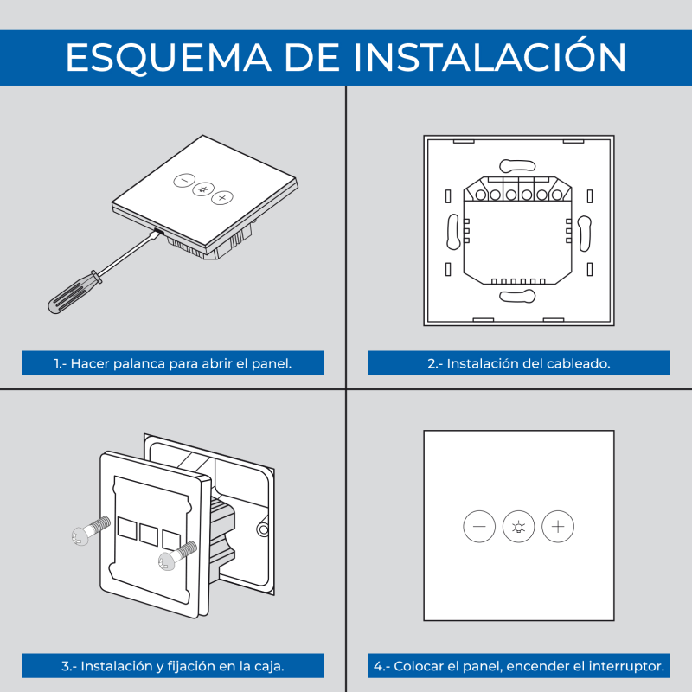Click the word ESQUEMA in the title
168,58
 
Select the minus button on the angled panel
184,180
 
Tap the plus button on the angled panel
222,198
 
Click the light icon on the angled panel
203,189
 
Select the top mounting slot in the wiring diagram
517,165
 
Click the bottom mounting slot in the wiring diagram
517,296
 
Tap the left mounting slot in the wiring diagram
453,232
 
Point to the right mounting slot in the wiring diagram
585,234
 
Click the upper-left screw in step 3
90,531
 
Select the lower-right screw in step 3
177,556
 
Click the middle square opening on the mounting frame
149,534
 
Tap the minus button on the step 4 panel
479,527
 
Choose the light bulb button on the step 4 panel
518,527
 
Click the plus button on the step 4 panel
558,527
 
